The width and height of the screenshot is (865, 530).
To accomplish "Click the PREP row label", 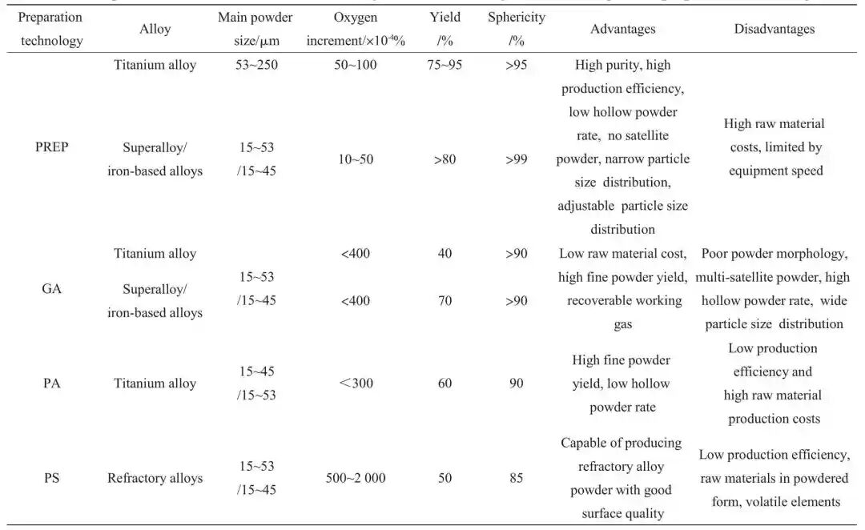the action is point(51,147).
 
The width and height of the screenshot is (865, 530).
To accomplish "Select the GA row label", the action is point(51,289).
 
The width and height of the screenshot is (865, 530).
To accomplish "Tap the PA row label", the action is point(51,383).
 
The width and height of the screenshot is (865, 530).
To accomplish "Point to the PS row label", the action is point(51,478).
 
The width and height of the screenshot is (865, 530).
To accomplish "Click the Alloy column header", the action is point(155,29).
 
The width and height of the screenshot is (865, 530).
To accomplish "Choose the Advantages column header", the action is point(623,29).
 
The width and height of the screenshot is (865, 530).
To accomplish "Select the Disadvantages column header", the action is point(774,29).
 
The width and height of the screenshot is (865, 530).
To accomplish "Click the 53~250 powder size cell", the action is point(256,65).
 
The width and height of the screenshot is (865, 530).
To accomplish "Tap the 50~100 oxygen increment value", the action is point(356,65).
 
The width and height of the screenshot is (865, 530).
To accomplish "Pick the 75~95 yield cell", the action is point(445,65).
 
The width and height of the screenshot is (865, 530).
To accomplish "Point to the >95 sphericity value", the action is point(517,65).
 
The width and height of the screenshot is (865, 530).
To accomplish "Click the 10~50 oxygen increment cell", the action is point(356,159).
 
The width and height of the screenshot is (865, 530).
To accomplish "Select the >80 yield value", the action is point(445,159).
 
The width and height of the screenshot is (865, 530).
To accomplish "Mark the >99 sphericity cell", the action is point(517,159).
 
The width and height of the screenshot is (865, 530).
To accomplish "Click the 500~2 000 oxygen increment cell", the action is point(356,478).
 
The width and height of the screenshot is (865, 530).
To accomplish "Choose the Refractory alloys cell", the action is point(155,478).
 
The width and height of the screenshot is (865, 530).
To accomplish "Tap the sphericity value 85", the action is point(517,478).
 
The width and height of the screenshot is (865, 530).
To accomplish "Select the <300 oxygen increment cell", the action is point(356,383).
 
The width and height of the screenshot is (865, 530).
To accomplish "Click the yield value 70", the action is point(445,301).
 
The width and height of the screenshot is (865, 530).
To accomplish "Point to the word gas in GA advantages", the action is point(623,325).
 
